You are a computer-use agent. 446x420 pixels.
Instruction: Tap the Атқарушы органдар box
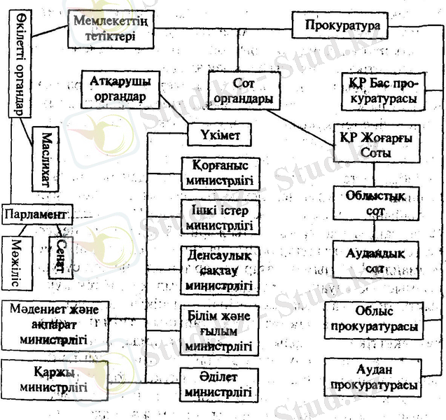point(120,89)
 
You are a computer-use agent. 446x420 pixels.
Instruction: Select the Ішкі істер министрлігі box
point(221,218)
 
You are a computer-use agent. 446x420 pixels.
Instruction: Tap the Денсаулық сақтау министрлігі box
point(221,269)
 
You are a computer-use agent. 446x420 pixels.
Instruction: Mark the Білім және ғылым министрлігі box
point(221,329)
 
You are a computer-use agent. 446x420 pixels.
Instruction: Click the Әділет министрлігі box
point(221,384)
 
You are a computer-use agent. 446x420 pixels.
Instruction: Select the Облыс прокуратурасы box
point(376,318)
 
